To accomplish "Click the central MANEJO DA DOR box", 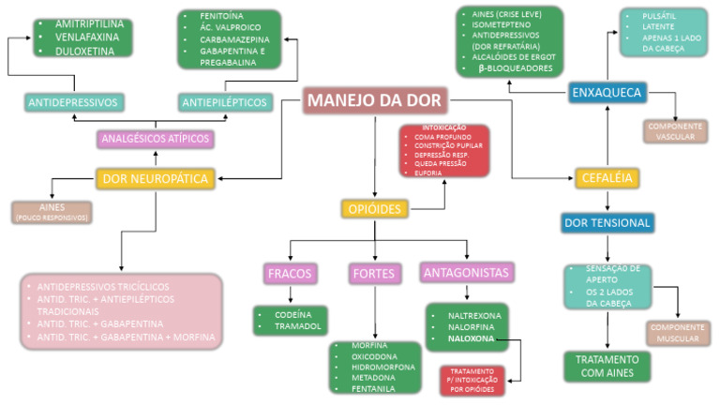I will point(375,99).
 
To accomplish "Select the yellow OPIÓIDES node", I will point(373,208).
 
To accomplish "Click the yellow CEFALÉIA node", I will point(607,177).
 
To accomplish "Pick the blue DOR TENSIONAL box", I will point(607,223).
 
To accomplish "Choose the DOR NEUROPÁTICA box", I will point(156,176).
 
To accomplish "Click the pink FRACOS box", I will point(289,273).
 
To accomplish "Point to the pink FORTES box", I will point(373,273).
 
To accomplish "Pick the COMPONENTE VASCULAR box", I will point(674,131).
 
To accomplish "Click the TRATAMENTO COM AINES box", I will point(607,366).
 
